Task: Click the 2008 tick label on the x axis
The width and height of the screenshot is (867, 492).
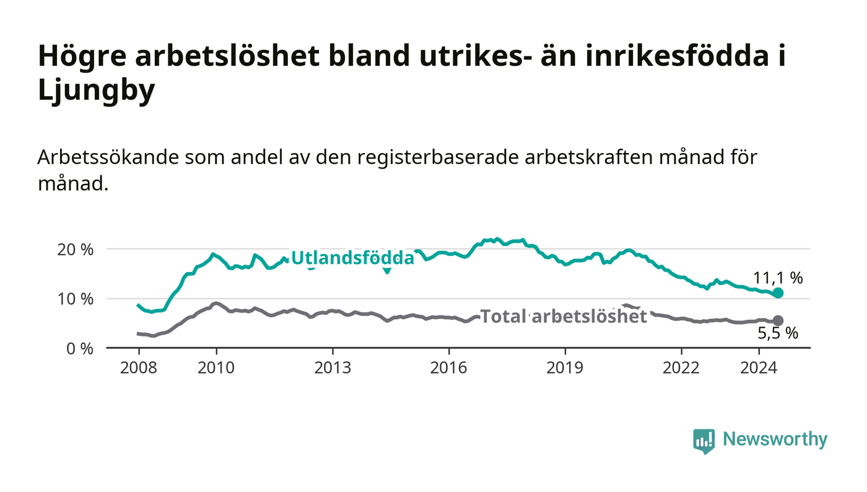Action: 139,367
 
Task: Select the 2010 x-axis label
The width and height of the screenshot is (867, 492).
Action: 216,367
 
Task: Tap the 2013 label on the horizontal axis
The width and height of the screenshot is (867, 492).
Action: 333,367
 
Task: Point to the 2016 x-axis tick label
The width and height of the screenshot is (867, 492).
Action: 448,367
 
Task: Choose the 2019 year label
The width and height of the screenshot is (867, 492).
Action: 565,367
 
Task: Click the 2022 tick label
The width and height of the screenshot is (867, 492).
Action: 681,367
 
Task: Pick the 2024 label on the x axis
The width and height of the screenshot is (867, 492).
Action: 759,367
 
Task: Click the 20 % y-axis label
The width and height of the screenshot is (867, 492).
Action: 76,250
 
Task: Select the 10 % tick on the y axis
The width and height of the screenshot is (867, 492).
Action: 76,299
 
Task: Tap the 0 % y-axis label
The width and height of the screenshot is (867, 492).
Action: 80,349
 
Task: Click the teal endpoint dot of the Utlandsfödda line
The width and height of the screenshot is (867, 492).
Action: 778,293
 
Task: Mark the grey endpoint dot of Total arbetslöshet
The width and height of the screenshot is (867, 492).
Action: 778,320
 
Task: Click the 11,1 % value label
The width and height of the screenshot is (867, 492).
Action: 778,278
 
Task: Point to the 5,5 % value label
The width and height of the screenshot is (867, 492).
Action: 778,333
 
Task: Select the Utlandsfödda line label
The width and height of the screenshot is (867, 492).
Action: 352,258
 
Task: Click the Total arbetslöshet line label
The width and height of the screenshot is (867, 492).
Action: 564,316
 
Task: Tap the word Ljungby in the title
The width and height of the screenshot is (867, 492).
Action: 97,90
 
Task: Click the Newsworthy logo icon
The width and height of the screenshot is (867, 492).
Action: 704,441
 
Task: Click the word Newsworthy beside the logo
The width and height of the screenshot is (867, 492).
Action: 775,439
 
